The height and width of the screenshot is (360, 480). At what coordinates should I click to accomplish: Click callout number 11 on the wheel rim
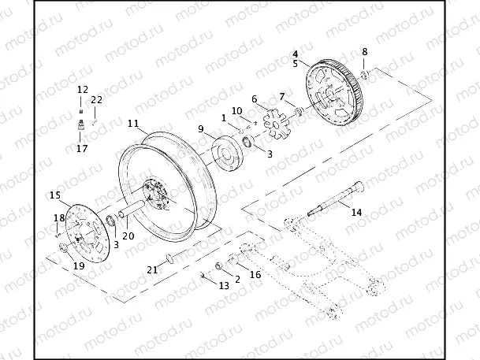(133, 124)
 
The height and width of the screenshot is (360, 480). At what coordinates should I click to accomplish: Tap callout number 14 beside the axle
(356, 213)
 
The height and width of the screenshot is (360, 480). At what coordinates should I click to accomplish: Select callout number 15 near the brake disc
(54, 195)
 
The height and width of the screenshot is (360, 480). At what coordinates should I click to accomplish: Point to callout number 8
(364, 52)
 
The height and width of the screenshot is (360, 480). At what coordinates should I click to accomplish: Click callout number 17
(82, 147)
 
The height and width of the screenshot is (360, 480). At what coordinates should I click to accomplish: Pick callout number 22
(96, 99)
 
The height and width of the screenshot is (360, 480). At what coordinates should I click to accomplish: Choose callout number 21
(152, 269)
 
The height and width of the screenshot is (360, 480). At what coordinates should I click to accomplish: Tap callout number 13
(224, 285)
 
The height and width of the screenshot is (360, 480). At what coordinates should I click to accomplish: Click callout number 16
(255, 275)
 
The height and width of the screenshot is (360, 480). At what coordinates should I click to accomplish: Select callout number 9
(201, 128)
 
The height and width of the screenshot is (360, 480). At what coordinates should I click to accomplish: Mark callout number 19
(78, 266)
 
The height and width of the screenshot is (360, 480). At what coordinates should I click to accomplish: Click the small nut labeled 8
(365, 74)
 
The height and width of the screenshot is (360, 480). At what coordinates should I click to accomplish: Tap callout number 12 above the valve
(82, 91)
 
